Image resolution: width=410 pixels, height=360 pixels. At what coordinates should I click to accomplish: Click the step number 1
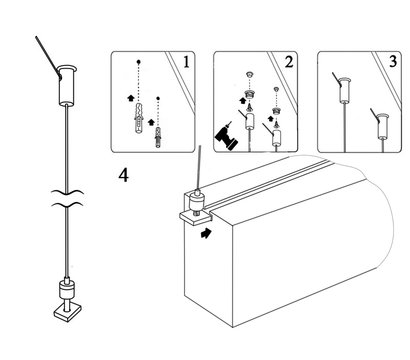[186, 62]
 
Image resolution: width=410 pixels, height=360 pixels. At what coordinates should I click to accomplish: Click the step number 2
[288, 62]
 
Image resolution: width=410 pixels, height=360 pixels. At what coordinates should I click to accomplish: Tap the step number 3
[393, 62]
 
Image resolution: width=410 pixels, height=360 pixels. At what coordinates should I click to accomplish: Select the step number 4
[124, 175]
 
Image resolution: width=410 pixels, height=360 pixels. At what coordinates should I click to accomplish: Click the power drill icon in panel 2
[227, 135]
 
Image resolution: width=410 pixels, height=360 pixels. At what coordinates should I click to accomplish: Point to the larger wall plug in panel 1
[139, 119]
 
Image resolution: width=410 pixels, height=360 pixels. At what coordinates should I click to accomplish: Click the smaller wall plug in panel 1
[158, 137]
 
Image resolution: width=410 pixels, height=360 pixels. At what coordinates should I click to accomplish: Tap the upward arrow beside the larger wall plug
[131, 98]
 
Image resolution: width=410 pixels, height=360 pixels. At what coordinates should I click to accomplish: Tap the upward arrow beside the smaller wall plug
[151, 122]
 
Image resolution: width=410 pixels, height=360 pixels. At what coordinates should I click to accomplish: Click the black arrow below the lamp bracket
[206, 233]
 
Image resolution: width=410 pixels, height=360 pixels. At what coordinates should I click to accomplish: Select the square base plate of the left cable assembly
[68, 312]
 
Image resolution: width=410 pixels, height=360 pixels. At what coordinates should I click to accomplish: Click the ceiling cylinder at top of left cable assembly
[68, 86]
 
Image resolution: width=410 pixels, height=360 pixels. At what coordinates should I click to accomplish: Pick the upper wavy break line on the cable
[67, 192]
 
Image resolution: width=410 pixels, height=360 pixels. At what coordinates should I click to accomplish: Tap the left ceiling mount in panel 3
[345, 89]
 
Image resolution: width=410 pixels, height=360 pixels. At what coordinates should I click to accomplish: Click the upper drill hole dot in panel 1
[138, 62]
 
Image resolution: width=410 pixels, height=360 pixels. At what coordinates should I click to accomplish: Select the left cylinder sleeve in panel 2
[248, 121]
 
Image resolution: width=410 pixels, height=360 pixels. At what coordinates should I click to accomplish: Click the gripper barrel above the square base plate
[67, 289]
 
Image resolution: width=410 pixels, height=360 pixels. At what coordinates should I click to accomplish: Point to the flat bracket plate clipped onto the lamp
[196, 218]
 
